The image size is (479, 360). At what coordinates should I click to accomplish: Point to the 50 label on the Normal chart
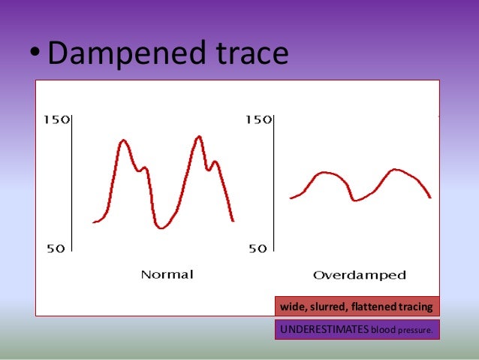click(56, 249)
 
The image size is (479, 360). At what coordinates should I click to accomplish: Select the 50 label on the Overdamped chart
click(258, 249)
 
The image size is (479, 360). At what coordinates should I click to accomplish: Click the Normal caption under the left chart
click(167, 274)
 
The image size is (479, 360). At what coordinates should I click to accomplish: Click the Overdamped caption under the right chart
click(359, 275)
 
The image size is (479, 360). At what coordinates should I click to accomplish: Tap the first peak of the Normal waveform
click(122, 141)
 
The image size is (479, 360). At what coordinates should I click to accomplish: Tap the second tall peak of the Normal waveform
click(198, 137)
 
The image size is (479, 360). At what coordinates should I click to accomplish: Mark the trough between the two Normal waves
click(161, 228)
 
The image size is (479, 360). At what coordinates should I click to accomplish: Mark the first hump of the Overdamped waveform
click(324, 173)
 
